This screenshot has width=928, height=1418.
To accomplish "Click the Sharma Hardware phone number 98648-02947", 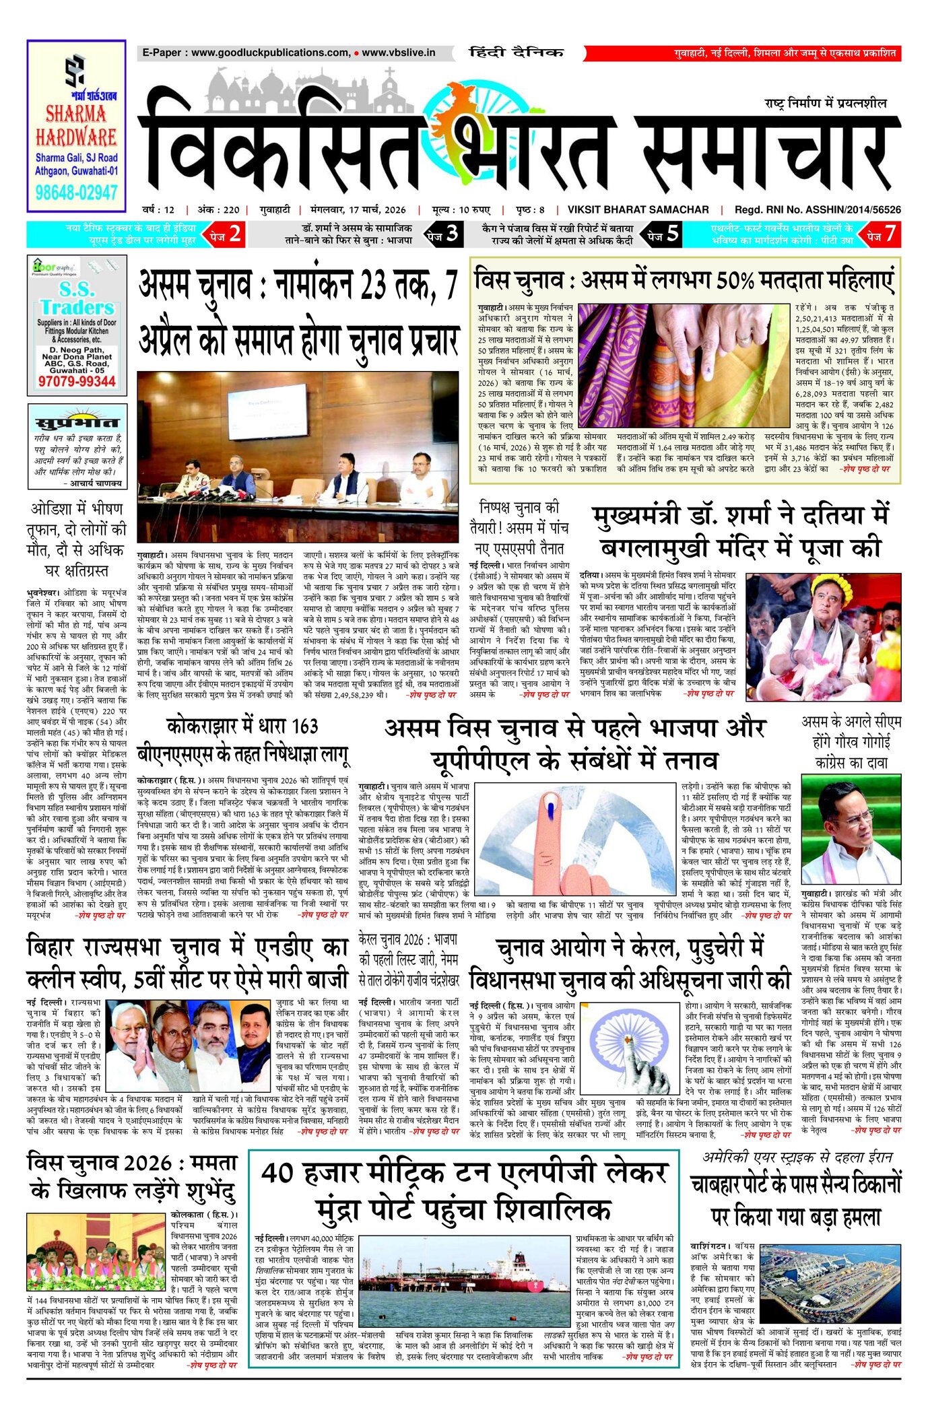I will [x=76, y=193].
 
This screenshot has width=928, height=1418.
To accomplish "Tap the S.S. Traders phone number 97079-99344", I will [x=76, y=381].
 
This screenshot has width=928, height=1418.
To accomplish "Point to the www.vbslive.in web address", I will [x=398, y=53].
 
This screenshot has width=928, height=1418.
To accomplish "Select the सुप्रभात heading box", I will [x=76, y=422].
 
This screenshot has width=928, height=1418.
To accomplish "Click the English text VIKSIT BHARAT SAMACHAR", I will [x=638, y=209].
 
